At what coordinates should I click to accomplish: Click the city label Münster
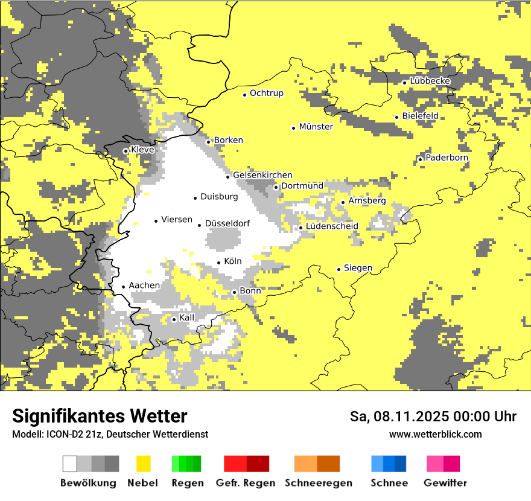pos(316,127)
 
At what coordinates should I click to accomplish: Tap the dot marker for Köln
pos(219,263)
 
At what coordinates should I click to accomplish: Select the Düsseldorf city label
pos(227,224)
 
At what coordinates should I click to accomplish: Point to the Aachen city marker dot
pos(124,287)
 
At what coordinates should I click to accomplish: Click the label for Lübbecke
pos(430,81)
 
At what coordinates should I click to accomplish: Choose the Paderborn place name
pos(447,158)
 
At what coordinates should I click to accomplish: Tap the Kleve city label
pos(142,150)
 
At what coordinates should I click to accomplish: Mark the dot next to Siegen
pos(339,269)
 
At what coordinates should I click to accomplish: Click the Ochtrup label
pos(266,94)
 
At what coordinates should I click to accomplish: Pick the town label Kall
pos(187,318)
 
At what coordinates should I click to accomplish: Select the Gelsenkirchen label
pos(262,175)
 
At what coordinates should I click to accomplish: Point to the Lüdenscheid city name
pos(332,226)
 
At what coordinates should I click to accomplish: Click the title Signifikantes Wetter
pos(100,416)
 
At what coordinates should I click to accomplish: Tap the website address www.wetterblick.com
pos(435,434)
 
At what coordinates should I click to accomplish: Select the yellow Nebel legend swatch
pos(143,464)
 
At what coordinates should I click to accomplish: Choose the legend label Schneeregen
pos(319,483)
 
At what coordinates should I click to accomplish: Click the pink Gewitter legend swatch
pos(435,464)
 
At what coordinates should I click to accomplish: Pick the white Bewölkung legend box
pos(70,464)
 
